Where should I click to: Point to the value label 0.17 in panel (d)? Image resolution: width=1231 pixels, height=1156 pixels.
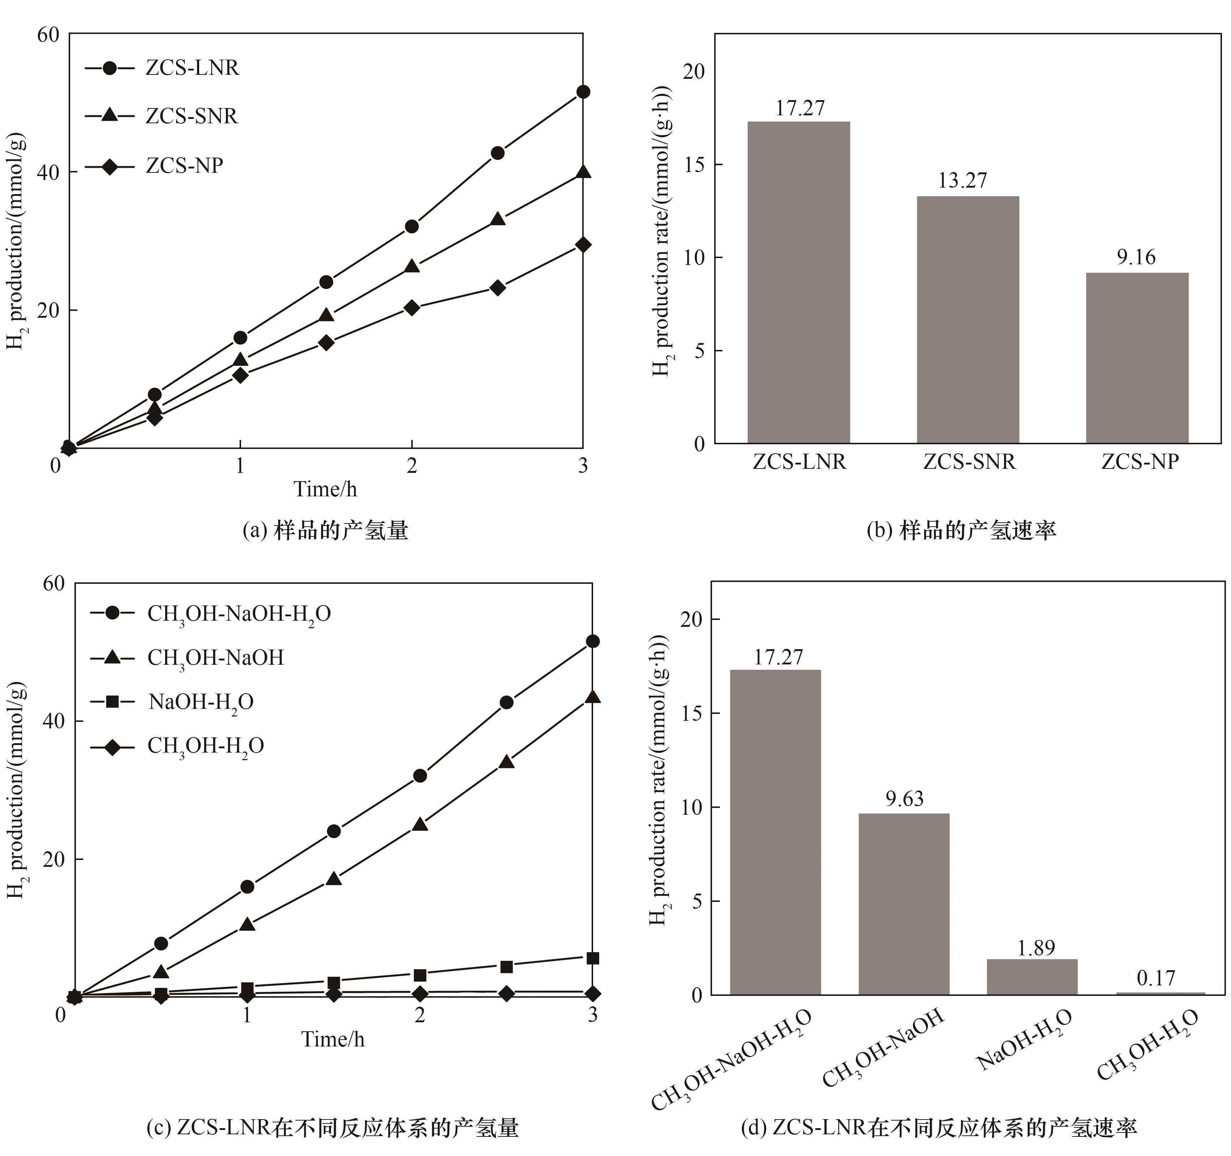(1155, 978)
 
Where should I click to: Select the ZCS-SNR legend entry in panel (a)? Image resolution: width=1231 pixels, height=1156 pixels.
(191, 116)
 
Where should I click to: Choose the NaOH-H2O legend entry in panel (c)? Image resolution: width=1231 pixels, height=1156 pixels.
(201, 702)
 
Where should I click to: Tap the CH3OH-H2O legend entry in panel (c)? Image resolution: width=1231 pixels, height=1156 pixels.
(206, 745)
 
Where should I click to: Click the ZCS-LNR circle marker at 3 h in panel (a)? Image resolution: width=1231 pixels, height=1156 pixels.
(583, 92)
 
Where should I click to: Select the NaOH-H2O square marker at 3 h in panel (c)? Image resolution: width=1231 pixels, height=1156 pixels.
(592, 958)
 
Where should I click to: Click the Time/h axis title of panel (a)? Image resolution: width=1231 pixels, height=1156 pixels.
(325, 489)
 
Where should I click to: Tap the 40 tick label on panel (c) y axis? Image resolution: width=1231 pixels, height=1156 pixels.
(54, 722)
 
